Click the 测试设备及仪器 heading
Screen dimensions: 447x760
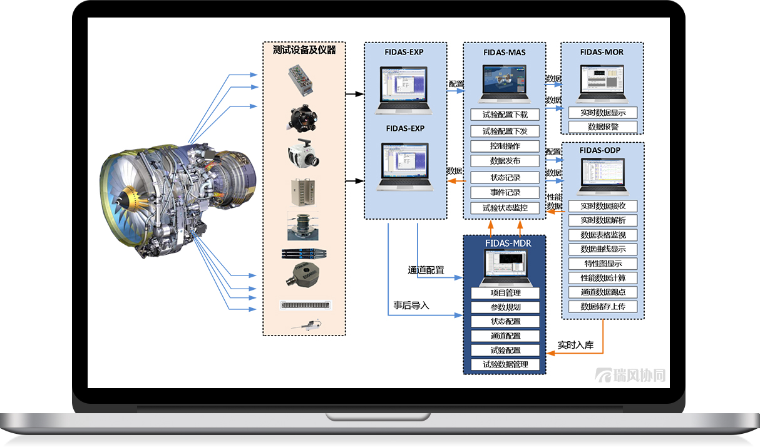coord(304,50)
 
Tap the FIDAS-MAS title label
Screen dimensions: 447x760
coord(505,53)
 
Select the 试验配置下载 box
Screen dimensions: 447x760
coord(505,115)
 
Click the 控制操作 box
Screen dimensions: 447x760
coord(505,146)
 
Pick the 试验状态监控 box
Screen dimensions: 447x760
coord(505,208)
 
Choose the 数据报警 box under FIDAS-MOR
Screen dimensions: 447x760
coord(603,127)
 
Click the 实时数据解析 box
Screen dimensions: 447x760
coord(603,220)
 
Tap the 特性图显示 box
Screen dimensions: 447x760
coord(603,264)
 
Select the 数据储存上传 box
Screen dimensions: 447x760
coord(603,307)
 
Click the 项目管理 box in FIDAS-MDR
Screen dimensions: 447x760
coord(505,293)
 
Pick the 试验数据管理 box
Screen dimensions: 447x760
coord(505,364)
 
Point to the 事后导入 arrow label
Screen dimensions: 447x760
coord(411,306)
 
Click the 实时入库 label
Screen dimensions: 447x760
coord(575,345)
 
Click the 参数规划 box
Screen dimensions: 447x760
coord(505,307)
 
